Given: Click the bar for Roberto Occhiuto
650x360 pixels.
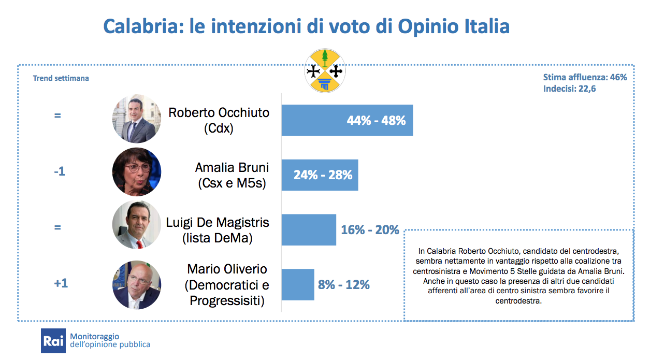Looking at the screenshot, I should click(x=347, y=120).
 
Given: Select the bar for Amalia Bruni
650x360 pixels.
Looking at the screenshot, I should click(x=320, y=175).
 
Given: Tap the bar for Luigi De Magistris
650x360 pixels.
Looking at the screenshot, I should click(x=309, y=229).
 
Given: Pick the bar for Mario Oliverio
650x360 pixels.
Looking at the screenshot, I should click(x=298, y=284).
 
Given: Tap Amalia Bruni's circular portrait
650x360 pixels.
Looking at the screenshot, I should click(x=137, y=172).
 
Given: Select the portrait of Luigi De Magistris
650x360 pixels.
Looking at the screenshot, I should click(x=137, y=225).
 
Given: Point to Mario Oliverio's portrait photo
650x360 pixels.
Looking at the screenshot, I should click(x=137, y=285).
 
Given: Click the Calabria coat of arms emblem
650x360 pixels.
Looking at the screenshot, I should click(x=325, y=70).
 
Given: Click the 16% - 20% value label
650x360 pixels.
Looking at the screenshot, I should click(x=370, y=229).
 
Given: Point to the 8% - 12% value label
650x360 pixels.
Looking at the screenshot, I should click(x=343, y=284).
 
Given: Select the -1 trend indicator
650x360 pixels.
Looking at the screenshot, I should click(x=60, y=171).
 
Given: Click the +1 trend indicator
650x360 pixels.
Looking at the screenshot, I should click(x=61, y=284).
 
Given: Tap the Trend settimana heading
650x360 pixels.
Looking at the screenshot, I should click(x=61, y=78).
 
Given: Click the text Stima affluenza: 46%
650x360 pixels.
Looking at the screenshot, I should click(x=585, y=78).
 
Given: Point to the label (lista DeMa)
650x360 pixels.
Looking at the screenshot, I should click(x=217, y=239).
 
